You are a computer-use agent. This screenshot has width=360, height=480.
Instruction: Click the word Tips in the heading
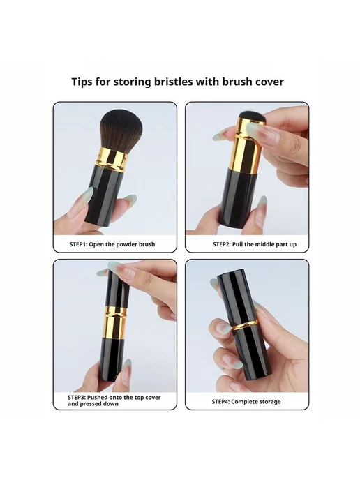(82, 82)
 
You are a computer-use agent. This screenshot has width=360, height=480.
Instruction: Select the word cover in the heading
(269, 82)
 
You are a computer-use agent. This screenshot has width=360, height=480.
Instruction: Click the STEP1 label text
(112, 244)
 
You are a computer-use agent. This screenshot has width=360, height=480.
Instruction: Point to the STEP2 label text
(255, 244)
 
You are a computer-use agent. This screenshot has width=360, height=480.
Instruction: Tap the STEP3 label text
(114, 400)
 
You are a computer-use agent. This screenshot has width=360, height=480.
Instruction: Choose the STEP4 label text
(246, 402)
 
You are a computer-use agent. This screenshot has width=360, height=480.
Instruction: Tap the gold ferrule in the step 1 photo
(112, 158)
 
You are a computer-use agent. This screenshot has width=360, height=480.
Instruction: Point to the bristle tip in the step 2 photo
(252, 117)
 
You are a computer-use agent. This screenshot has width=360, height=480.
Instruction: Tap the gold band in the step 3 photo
(115, 322)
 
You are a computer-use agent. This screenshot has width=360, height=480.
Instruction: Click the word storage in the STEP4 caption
(267, 402)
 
